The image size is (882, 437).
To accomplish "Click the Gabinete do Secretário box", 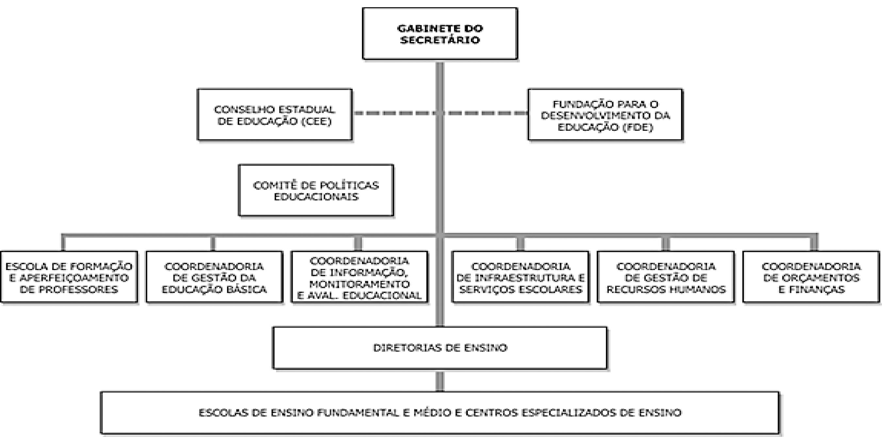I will click(440, 34).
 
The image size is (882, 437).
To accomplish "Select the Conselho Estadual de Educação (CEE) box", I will click(275, 115).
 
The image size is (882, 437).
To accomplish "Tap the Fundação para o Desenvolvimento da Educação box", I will click(605, 115).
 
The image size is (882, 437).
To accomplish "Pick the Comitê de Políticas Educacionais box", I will click(316, 191).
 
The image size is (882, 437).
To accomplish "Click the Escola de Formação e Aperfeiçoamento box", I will click(69, 277).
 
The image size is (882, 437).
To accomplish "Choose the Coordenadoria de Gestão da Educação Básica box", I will click(214, 277).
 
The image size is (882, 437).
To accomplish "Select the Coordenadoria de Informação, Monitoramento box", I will click(360, 277).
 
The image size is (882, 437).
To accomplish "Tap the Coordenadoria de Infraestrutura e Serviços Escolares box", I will click(520, 277).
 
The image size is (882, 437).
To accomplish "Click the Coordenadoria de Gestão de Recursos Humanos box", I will click(666, 277).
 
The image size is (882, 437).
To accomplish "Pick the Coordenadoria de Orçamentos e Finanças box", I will click(811, 277).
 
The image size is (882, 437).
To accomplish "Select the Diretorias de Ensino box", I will click(440, 348).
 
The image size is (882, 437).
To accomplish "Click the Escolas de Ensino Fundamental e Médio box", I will click(440, 413).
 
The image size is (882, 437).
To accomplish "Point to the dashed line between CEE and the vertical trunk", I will click(394, 113).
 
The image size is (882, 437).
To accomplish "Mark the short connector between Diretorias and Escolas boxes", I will click(440, 381).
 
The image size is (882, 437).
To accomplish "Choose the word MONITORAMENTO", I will click(360, 284).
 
